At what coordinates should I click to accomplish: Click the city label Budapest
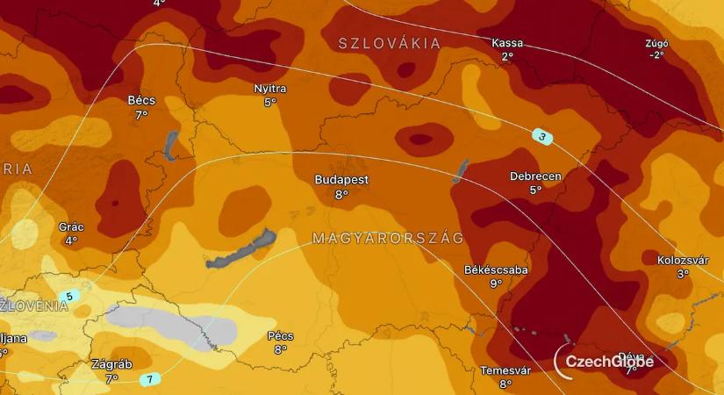coord(341,180)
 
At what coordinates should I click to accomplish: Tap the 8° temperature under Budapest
coord(341,194)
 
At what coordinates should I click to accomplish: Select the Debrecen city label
coord(535,176)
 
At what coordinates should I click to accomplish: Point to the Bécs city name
coord(141,100)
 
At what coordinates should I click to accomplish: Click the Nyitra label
coord(269,89)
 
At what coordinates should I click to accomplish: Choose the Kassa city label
coord(507,43)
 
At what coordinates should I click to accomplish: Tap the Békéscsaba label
coord(496,269)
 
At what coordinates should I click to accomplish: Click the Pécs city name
coord(280,336)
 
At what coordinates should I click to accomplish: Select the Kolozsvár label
coord(683,260)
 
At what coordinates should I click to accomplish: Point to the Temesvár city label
coord(505,370)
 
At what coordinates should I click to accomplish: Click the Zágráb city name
coord(111,364)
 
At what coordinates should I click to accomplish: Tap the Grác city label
coord(71,226)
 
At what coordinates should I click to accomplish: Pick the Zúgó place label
coord(656,43)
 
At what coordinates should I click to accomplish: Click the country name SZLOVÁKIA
coord(390,43)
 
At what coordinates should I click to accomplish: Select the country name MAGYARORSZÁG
coord(388,238)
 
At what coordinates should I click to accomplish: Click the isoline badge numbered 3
coord(543,136)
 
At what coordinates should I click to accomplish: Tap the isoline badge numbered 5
coord(69,297)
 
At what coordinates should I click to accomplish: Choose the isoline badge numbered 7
coord(149,379)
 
